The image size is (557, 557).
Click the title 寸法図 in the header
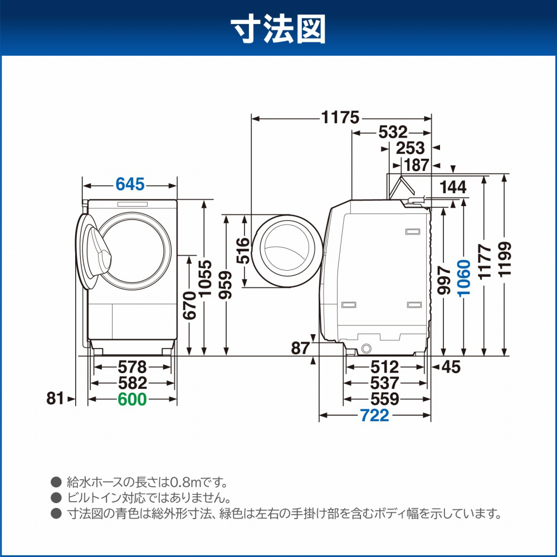[x=278, y=28]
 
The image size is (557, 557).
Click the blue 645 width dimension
[x=130, y=183]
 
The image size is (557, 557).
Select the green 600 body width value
[x=131, y=399]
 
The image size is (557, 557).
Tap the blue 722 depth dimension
[x=374, y=416]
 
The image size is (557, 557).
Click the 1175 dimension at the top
[x=340, y=118]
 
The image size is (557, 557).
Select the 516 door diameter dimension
[x=243, y=251]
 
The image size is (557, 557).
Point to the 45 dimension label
[x=451, y=367]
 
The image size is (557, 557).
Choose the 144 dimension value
[x=453, y=188]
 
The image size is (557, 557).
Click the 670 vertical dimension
[x=189, y=306]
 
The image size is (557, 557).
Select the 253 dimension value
[x=411, y=148]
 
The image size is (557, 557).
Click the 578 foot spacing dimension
[x=132, y=367]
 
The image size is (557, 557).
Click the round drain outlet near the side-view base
[x=366, y=348]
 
